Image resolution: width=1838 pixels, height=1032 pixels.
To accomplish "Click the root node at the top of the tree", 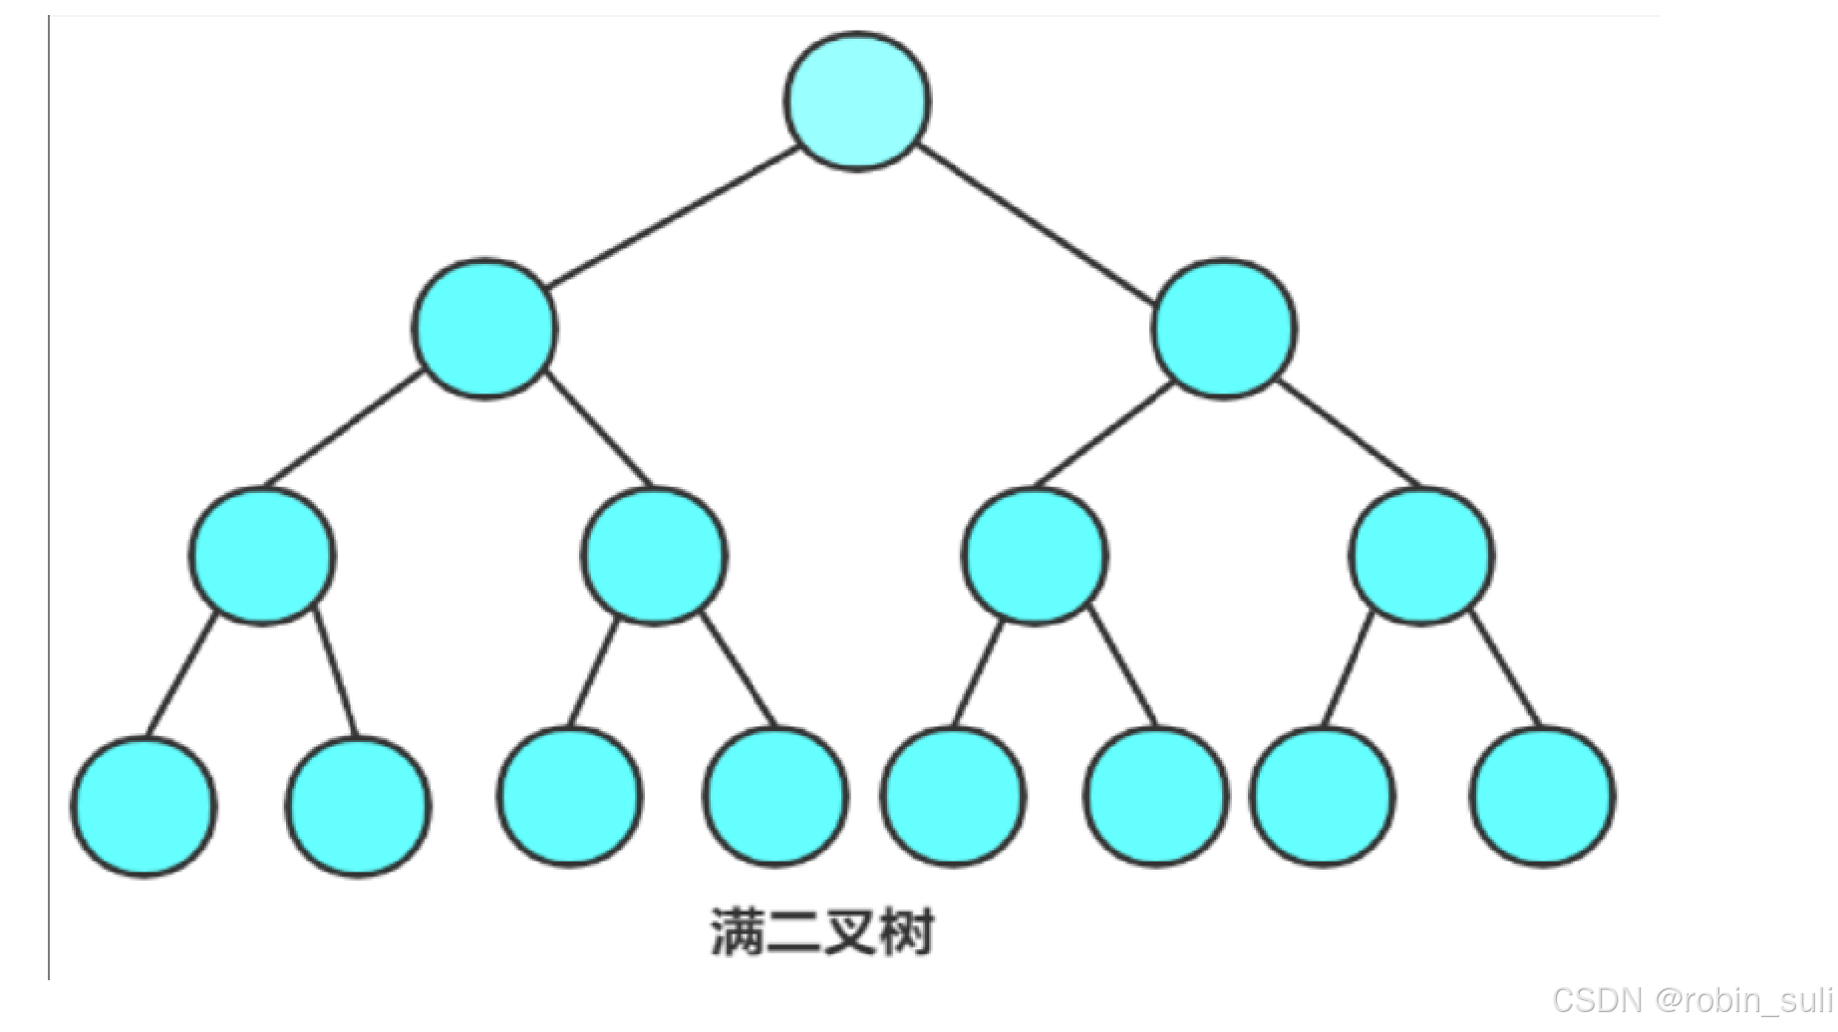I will point(857,101).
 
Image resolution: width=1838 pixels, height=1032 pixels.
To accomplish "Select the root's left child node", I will point(485,329).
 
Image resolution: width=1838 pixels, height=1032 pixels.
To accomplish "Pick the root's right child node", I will point(1224,329).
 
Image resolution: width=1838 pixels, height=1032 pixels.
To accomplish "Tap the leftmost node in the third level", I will point(262,556).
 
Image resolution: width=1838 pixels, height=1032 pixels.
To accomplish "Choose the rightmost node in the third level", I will point(1421,556).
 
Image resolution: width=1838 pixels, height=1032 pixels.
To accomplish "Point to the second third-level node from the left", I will point(654,556).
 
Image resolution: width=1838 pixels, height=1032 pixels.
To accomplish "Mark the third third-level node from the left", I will point(1035,556).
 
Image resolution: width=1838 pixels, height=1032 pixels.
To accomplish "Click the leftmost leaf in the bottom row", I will point(144,806).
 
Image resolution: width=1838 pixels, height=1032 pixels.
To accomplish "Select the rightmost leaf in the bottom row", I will point(1542,796).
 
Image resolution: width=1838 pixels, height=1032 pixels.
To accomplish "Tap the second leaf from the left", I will point(359,806).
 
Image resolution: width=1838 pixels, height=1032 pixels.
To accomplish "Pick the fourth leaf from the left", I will point(775,796).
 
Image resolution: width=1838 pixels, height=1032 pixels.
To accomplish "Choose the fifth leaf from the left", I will point(952,796).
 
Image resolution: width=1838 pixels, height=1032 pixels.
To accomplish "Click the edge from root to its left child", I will point(673,217).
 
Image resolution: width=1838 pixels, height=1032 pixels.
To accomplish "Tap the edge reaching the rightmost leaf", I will point(1505,667).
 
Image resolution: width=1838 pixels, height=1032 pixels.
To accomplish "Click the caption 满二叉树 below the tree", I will point(822,932).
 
